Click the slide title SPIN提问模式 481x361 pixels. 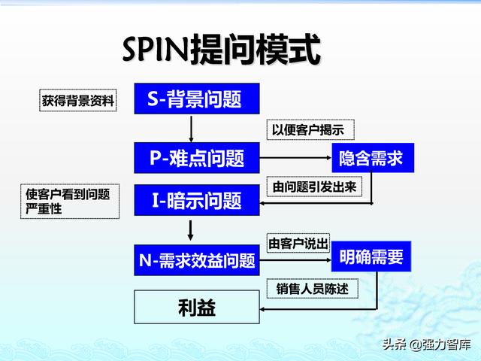point(222,50)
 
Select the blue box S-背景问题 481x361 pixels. point(197,99)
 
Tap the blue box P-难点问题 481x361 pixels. point(197,158)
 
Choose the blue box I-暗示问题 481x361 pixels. point(197,200)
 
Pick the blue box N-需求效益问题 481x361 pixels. point(197,260)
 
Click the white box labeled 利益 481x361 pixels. point(197,308)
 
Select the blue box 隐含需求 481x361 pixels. point(373,158)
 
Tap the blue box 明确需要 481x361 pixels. point(371,256)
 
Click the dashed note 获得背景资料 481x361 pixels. point(78,100)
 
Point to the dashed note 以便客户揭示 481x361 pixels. point(310,130)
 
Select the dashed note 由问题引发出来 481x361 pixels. point(314,187)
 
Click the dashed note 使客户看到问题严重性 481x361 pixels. point(70,202)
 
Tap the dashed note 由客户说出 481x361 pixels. point(298,243)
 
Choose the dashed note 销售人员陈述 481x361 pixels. point(313,289)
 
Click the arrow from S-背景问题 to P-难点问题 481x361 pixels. point(191,129)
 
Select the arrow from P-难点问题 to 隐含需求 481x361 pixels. point(295,158)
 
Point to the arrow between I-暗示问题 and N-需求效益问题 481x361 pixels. point(190,230)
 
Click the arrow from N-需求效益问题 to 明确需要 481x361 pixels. point(295,260)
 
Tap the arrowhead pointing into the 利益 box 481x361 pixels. point(262,309)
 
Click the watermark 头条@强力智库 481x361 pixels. point(426,344)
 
